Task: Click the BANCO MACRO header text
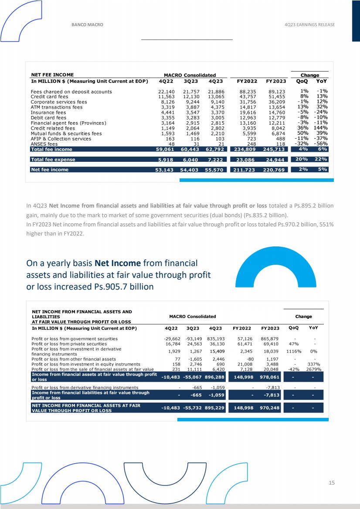coord(87,25)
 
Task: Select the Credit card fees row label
coord(50,96)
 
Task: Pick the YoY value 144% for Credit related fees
coord(322,128)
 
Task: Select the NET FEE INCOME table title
coord(52,75)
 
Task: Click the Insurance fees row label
coord(48,112)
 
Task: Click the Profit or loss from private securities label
coord(69,344)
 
